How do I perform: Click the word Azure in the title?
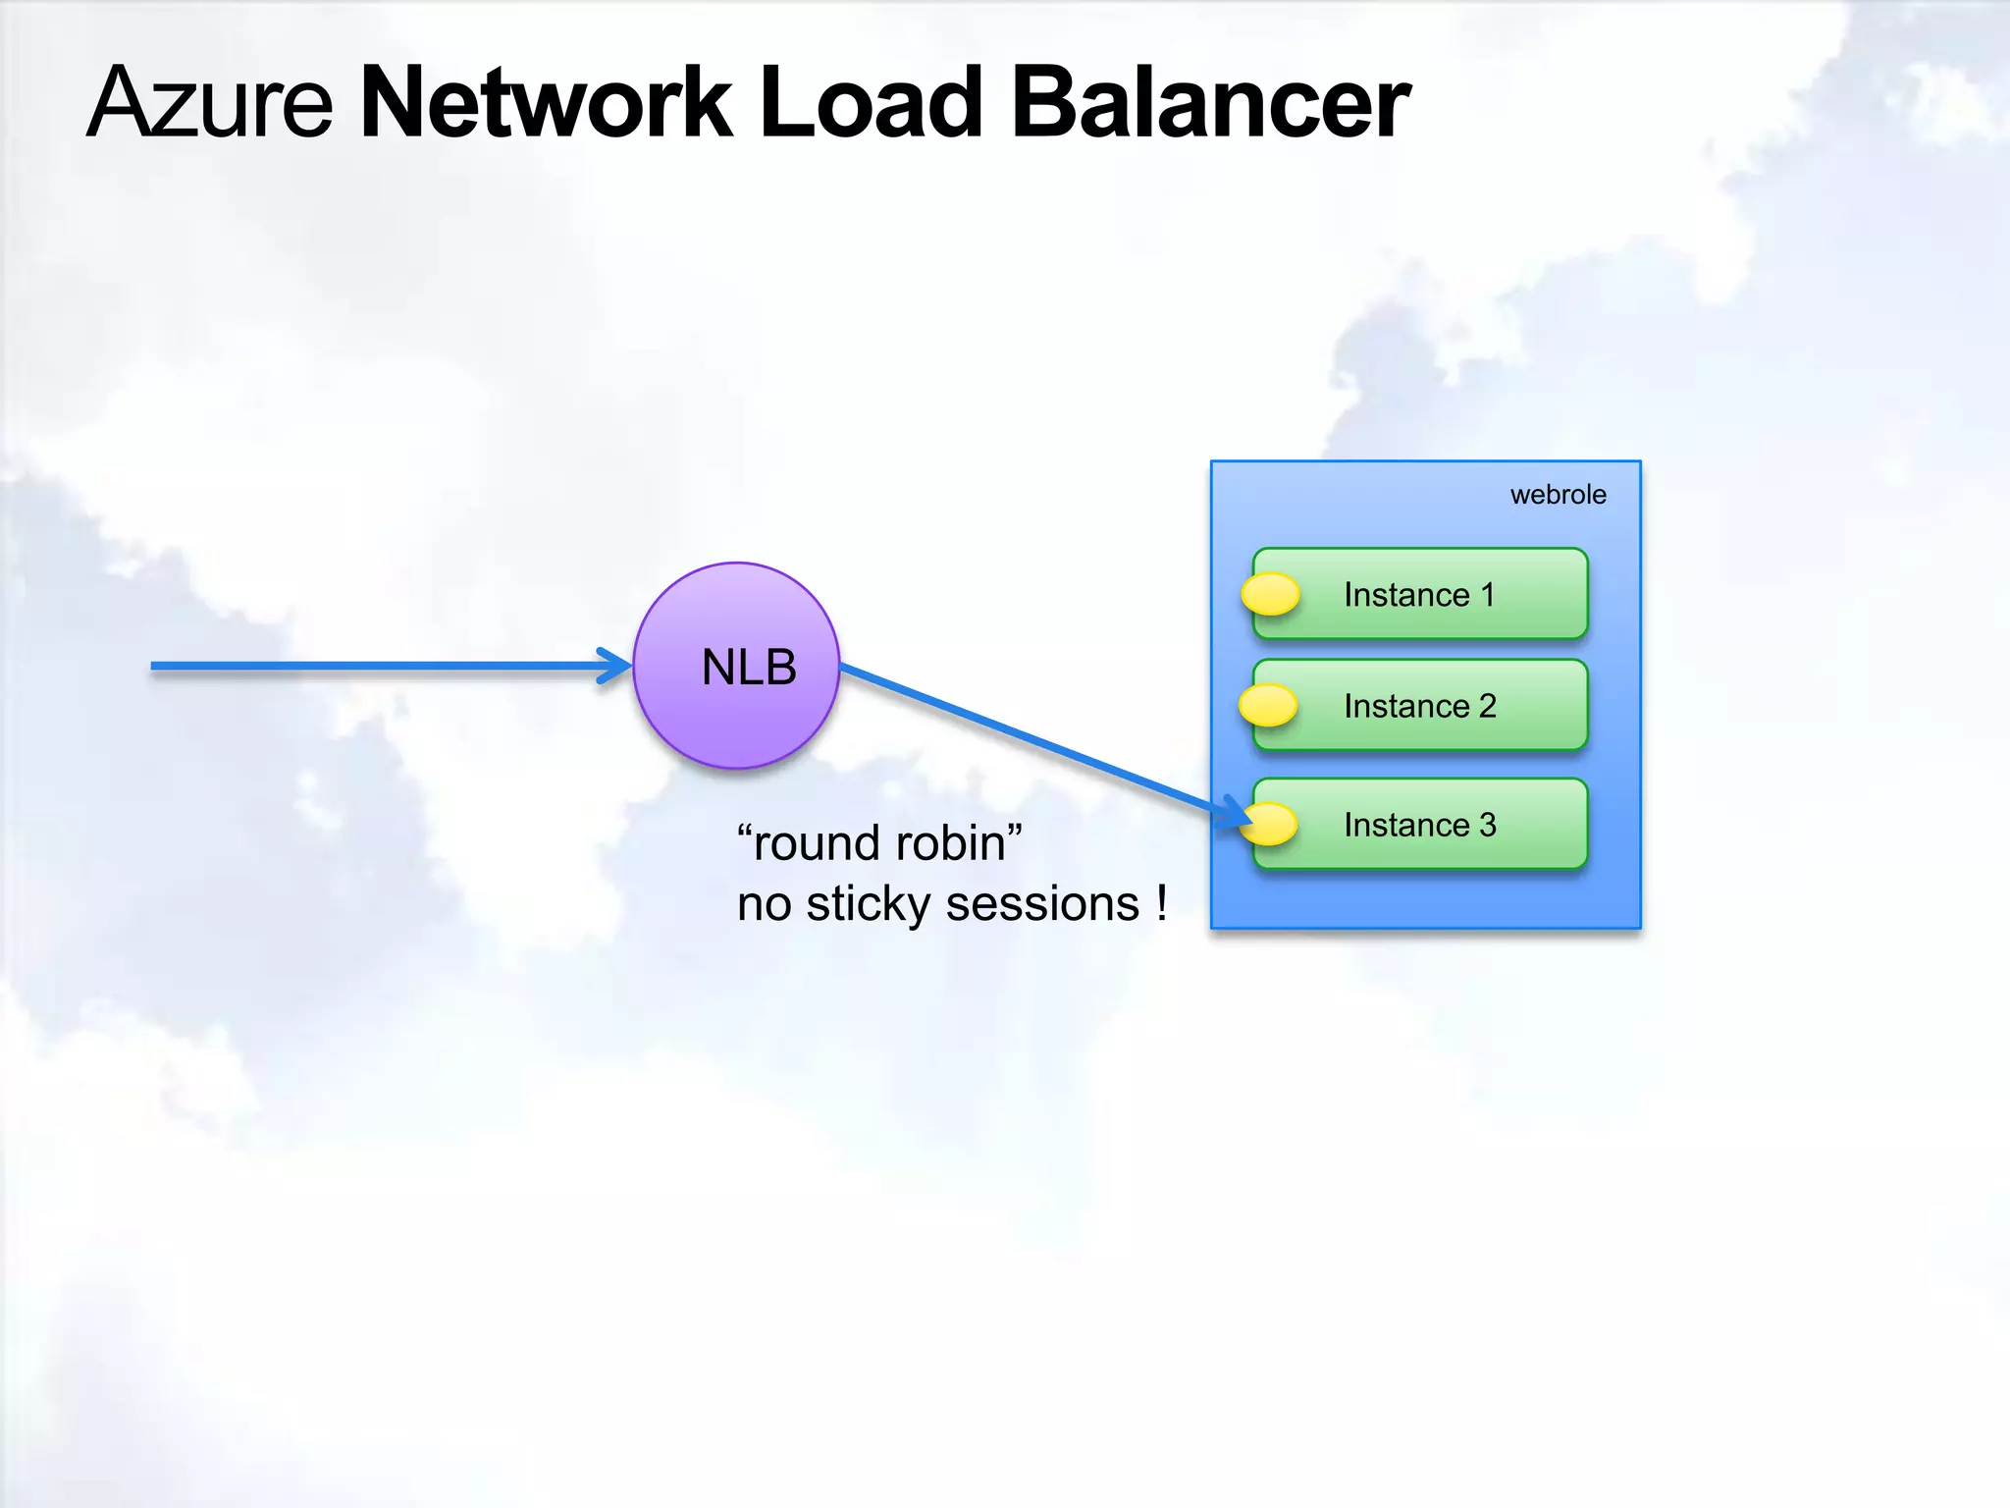pyautogui.click(x=210, y=102)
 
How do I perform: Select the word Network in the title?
pyautogui.click(x=546, y=102)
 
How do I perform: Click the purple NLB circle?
pyautogui.click(x=736, y=666)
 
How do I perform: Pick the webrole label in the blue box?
pyautogui.click(x=1558, y=495)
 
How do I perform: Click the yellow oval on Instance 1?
pyautogui.click(x=1270, y=594)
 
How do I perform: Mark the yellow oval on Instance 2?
pyautogui.click(x=1268, y=705)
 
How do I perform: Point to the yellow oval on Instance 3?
pyautogui.click(x=1270, y=824)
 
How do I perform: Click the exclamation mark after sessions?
pyautogui.click(x=1162, y=901)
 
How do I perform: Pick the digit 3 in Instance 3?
pyautogui.click(x=1488, y=825)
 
